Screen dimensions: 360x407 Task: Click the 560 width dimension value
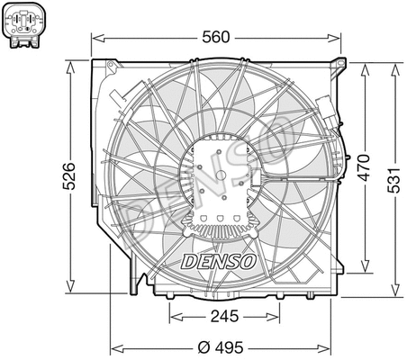click(217, 37)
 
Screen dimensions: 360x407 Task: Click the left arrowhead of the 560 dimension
click(96, 37)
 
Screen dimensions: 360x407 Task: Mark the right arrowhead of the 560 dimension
click(342, 37)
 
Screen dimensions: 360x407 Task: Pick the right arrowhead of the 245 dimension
click(275, 317)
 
